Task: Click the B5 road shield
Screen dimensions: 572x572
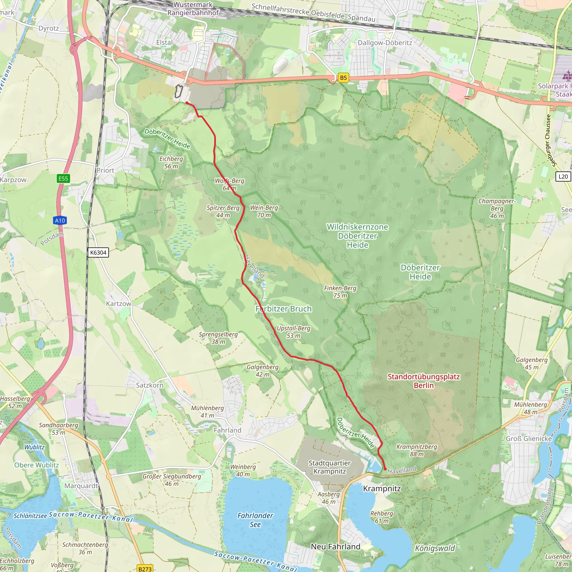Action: pos(343,78)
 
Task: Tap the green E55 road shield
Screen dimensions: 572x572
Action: pos(63,178)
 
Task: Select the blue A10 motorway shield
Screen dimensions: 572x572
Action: pos(60,221)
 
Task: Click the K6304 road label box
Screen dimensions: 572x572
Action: pos(98,252)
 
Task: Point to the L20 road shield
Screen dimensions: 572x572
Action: pos(563,177)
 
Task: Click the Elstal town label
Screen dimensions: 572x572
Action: pos(164,43)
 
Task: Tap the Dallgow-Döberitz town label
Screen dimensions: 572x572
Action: pos(385,43)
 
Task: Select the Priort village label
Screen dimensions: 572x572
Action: pos(105,171)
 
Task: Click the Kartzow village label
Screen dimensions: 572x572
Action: pos(118,304)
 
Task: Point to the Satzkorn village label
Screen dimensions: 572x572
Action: pos(149,385)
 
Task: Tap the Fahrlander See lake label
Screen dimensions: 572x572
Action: pos(255,520)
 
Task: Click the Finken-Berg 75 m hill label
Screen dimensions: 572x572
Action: pos(340,292)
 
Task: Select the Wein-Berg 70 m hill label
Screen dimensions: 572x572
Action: pos(264,211)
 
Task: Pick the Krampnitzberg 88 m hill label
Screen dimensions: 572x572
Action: pos(416,450)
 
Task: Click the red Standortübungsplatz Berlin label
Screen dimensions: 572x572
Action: pos(424,381)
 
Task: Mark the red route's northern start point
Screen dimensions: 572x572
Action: pos(187,103)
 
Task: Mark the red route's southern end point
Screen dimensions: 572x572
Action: pos(385,469)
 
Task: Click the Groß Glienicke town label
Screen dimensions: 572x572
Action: pos(529,438)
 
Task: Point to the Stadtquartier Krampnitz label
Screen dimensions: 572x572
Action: pos(330,467)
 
